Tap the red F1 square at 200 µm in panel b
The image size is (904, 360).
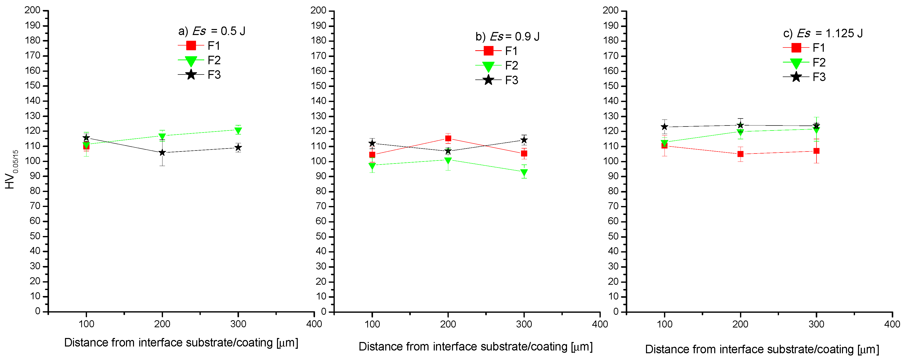click(x=448, y=138)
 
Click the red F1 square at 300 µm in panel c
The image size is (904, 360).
click(x=816, y=151)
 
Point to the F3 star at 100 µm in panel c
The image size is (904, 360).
click(x=664, y=127)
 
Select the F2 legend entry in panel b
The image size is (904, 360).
click(x=496, y=65)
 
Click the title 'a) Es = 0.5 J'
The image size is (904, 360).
click(x=211, y=31)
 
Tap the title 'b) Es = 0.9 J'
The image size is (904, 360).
click(x=507, y=36)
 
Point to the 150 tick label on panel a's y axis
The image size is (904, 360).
click(x=33, y=85)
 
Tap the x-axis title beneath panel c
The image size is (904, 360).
click(x=762, y=349)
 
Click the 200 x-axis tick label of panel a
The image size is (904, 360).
click(x=162, y=324)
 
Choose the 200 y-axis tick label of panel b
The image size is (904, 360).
click(x=318, y=10)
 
